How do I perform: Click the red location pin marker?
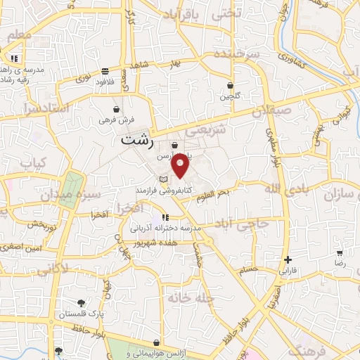click(181, 166)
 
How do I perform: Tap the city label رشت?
click(136, 139)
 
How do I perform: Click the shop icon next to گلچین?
click(230, 85)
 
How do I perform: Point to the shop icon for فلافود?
click(105, 70)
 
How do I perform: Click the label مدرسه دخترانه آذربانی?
click(166, 229)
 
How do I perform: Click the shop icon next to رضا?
click(340, 253)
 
